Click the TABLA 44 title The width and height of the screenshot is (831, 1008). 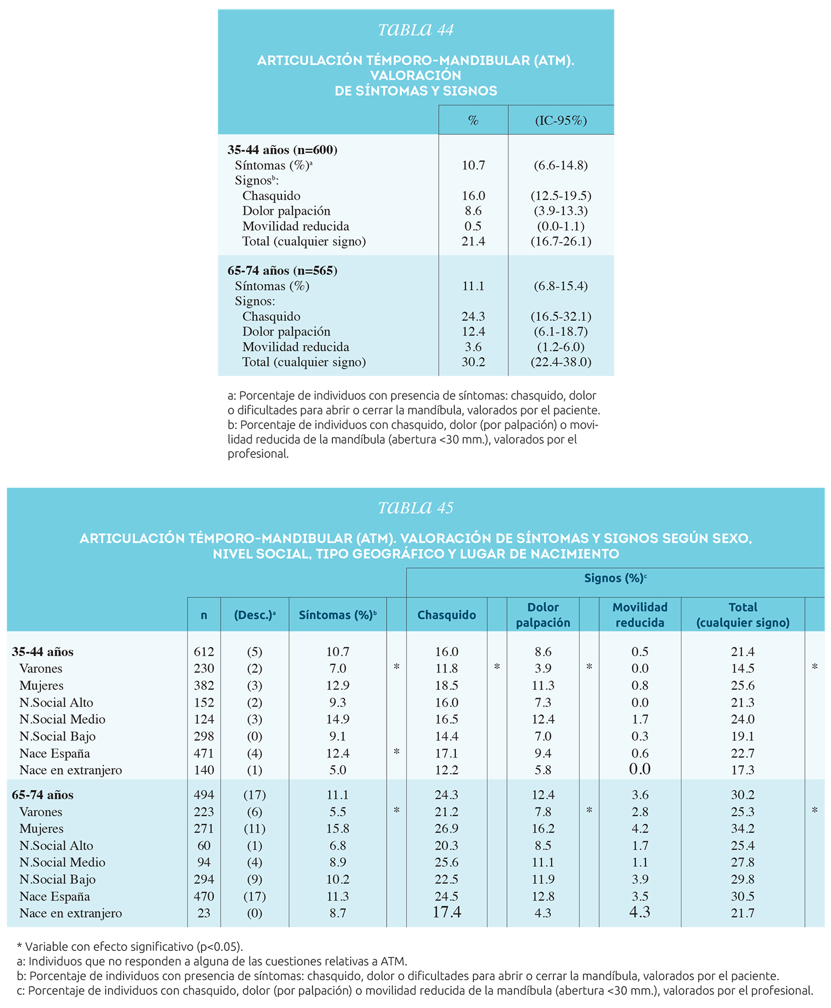point(416,29)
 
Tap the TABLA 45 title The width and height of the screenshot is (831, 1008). point(416,508)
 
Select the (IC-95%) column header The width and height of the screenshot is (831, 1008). point(561,120)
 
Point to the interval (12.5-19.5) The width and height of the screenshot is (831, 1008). point(561,196)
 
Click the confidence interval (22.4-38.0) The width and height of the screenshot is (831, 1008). point(561,362)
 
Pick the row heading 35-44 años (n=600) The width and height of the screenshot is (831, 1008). point(283,150)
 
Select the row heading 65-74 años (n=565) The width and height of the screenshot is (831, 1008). point(283,270)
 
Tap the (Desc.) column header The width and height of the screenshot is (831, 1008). point(255,615)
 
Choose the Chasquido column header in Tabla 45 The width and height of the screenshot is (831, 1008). point(447,615)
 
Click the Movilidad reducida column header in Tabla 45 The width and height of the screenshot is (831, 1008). point(640,615)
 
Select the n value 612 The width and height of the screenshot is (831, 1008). point(204,652)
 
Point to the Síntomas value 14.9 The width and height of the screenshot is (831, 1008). point(337,719)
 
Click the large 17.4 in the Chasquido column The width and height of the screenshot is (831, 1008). point(447,912)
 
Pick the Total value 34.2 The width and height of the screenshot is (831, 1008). point(743,828)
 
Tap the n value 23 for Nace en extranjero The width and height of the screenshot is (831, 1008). point(204,913)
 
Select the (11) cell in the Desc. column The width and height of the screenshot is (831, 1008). point(255,828)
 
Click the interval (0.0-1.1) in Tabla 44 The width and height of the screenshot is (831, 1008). point(561,226)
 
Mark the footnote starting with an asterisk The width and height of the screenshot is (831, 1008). point(130,946)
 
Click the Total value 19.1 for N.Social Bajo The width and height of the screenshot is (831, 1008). point(743,736)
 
